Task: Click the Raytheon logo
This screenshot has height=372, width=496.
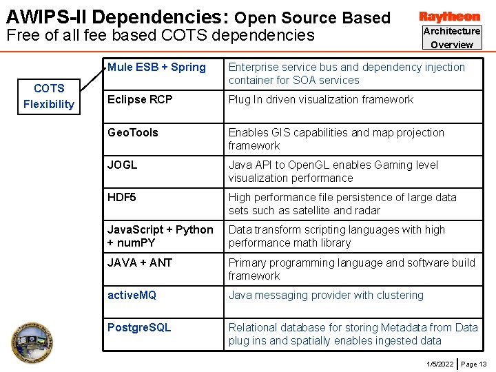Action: click(449, 17)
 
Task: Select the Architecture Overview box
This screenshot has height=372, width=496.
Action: click(452, 38)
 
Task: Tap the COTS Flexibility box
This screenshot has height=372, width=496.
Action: click(48, 96)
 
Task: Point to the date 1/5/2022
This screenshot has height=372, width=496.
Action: click(440, 364)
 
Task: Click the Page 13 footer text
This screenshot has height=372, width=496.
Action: click(473, 364)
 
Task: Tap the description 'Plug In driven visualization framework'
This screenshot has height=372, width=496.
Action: click(321, 100)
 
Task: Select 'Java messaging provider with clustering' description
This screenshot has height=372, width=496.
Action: click(326, 296)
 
